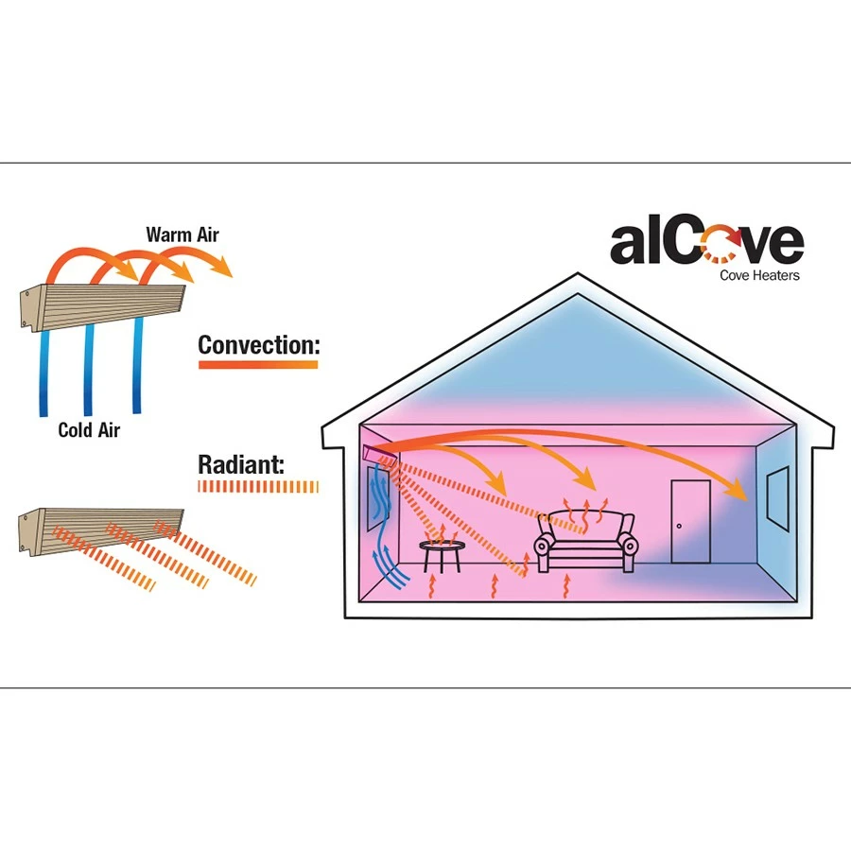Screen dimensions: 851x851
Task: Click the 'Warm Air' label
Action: coord(182,234)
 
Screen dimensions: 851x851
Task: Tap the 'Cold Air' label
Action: coord(89,430)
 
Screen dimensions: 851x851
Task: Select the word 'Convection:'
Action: coord(258,345)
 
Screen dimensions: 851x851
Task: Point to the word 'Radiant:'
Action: coord(241,464)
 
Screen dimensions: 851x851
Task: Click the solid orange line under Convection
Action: coord(258,364)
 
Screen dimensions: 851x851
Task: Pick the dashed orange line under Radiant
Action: coord(258,486)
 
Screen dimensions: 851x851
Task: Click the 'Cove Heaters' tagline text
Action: coord(759,275)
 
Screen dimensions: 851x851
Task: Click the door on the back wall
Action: coord(689,521)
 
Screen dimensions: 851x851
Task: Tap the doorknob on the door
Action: coord(679,525)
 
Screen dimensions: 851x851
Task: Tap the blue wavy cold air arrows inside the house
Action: coord(381,530)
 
